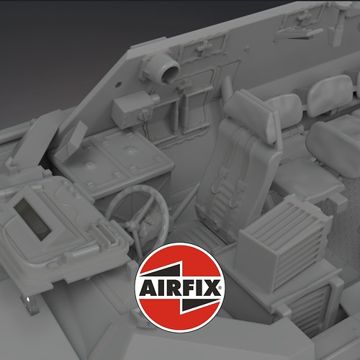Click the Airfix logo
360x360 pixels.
[180, 287]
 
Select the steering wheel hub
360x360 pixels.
[132, 225]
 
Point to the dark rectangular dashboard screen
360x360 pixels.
[32, 220]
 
